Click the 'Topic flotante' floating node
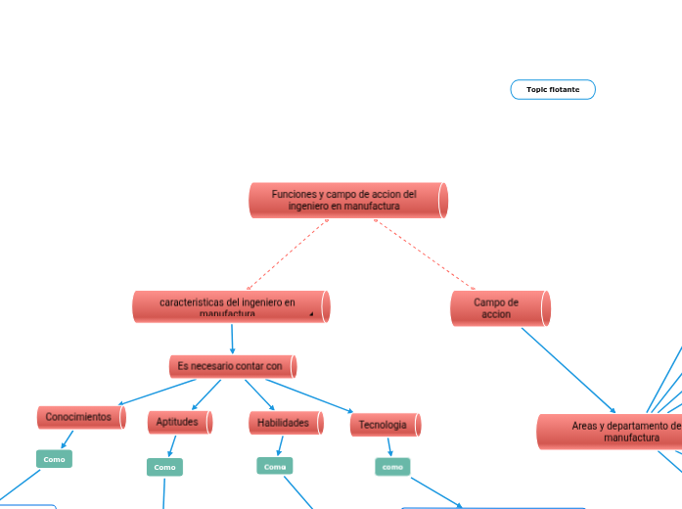(x=553, y=90)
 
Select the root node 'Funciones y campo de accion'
(x=347, y=201)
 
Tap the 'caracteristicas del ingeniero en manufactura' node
(x=231, y=306)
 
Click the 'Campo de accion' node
(x=499, y=308)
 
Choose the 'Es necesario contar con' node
(x=232, y=366)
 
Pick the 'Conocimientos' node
(x=80, y=417)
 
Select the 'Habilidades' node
(x=285, y=423)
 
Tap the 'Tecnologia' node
(x=385, y=424)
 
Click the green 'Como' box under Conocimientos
(x=54, y=459)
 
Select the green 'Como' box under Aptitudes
(x=164, y=467)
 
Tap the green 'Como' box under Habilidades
(x=274, y=466)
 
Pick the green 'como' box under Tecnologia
(x=392, y=467)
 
